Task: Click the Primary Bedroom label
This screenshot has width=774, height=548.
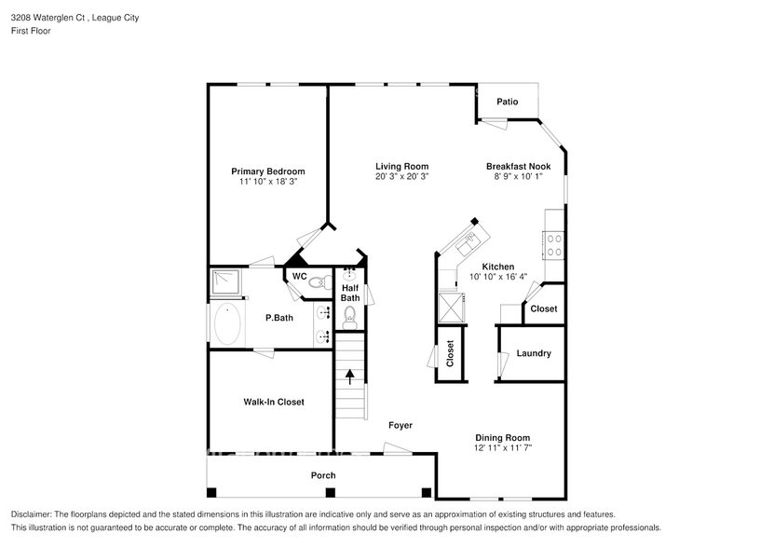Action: coord(267,171)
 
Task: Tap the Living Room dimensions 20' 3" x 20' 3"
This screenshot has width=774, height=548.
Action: coord(401,176)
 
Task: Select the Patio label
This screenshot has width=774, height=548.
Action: coord(507,102)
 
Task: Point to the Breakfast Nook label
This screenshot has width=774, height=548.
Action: coord(518,167)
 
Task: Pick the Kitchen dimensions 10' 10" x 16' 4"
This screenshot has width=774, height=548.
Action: coord(497,277)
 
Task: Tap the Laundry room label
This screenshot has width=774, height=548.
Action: coord(534,353)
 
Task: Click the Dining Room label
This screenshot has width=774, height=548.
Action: coord(503,438)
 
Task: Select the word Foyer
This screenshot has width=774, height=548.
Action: coord(401,425)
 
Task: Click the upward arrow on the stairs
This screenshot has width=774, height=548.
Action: coord(350,377)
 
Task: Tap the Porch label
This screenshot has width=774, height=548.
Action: coord(322,475)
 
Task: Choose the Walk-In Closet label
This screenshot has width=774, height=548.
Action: coord(274,402)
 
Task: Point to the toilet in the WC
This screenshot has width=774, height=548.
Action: coord(317,281)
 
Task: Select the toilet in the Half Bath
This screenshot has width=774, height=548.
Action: coord(350,317)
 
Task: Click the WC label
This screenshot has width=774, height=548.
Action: coord(299,277)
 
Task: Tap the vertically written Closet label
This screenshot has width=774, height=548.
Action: coord(450,352)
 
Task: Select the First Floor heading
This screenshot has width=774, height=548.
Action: coord(31,31)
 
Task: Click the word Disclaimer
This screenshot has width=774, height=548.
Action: coord(33,514)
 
